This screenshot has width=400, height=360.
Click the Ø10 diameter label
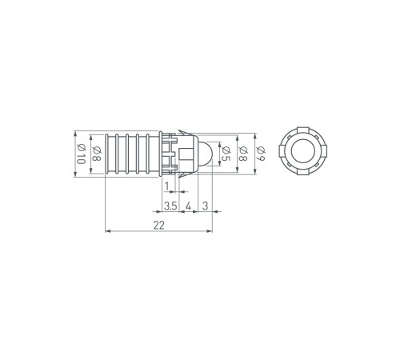point(81,153)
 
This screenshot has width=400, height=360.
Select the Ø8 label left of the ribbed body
point(96,153)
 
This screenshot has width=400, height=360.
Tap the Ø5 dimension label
point(226,154)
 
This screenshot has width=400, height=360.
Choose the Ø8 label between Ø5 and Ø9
point(242,154)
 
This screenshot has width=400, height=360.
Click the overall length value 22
point(158,226)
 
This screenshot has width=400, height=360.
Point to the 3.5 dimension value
point(170,206)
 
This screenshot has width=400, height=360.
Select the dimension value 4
point(187,206)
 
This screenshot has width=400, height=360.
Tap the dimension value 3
point(204,206)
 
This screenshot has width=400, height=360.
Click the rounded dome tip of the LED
point(205,153)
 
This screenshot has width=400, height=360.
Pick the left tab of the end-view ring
point(278,153)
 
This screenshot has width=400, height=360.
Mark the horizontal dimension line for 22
point(128,233)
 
